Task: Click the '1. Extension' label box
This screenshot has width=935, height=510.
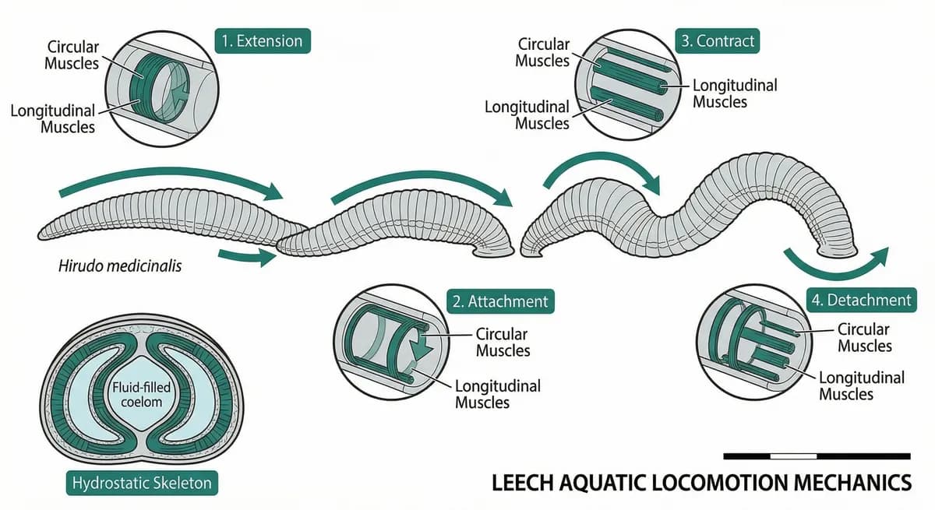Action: (262, 41)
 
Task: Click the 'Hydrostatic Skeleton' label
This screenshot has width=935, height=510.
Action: (141, 484)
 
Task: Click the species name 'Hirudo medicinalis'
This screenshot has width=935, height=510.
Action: (120, 266)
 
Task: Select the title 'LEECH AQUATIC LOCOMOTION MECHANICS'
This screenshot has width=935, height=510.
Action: (701, 483)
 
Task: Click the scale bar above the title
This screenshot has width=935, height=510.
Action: (817, 455)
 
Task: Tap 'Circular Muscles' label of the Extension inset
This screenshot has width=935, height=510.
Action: (72, 55)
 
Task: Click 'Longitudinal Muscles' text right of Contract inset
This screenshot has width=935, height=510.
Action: (735, 93)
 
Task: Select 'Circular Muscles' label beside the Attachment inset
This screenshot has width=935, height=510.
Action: (503, 342)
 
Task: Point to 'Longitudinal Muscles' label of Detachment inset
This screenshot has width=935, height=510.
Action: (861, 385)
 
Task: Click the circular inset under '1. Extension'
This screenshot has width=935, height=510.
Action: (162, 88)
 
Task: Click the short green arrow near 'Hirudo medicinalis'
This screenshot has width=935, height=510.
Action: (247, 256)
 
